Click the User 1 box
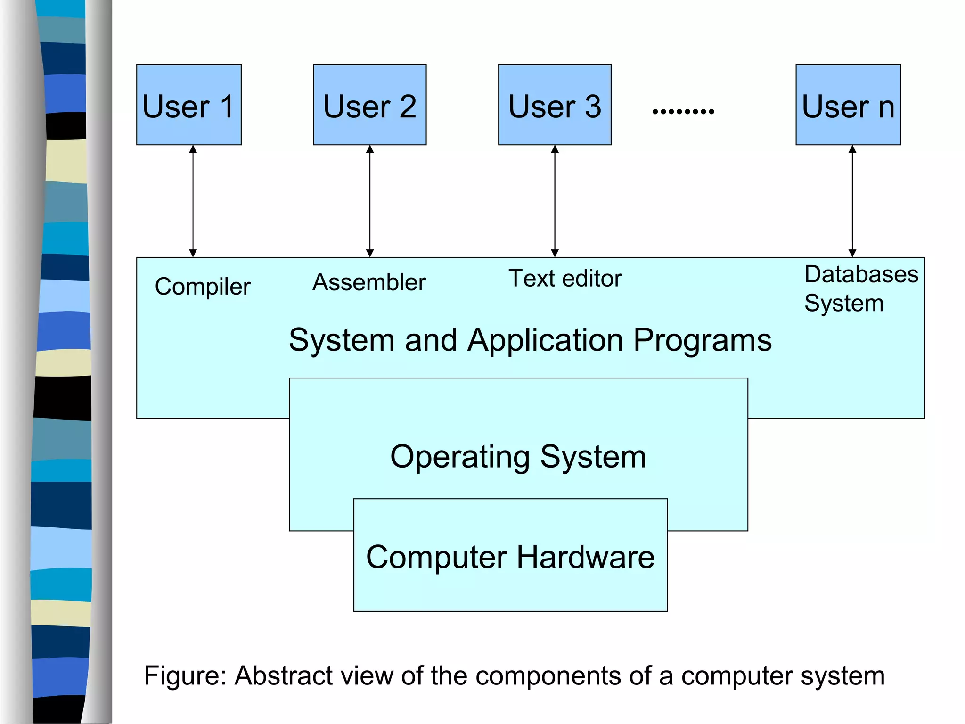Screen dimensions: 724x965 pyautogui.click(x=188, y=105)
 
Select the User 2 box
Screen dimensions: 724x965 pyautogui.click(x=369, y=105)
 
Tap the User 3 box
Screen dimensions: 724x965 pyautogui.click(x=555, y=105)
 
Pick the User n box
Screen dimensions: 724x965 pyautogui.click(x=848, y=105)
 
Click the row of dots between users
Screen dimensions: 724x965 pyautogui.click(x=683, y=112)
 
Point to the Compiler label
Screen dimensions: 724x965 pyautogui.click(x=203, y=287)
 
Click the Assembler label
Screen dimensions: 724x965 pyautogui.click(x=369, y=282)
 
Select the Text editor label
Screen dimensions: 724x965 pyautogui.click(x=565, y=278)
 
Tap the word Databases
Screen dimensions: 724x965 pyautogui.click(x=861, y=274)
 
